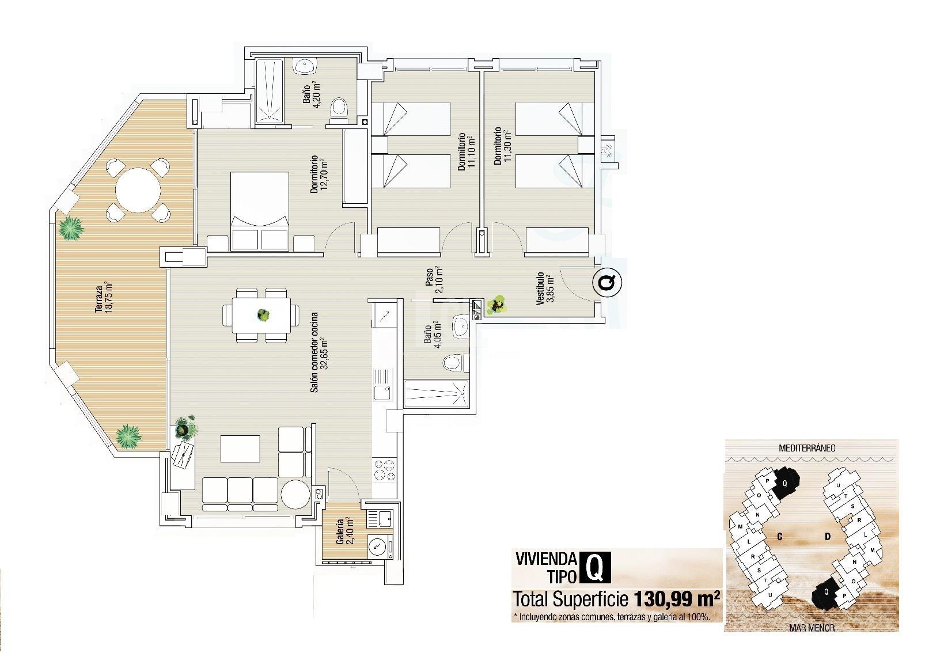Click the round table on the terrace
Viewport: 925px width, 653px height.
138,189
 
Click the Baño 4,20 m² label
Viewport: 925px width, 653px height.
312,93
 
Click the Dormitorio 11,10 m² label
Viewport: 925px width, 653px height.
465,153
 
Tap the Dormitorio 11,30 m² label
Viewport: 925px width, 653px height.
502,146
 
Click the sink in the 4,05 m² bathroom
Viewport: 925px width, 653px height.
461,327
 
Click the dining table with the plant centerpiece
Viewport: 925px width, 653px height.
262,315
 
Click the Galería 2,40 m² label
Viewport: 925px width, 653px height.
344,531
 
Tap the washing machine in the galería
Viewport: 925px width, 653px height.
378,545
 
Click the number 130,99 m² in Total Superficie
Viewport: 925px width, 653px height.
677,599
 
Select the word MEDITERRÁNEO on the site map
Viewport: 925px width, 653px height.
806,447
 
